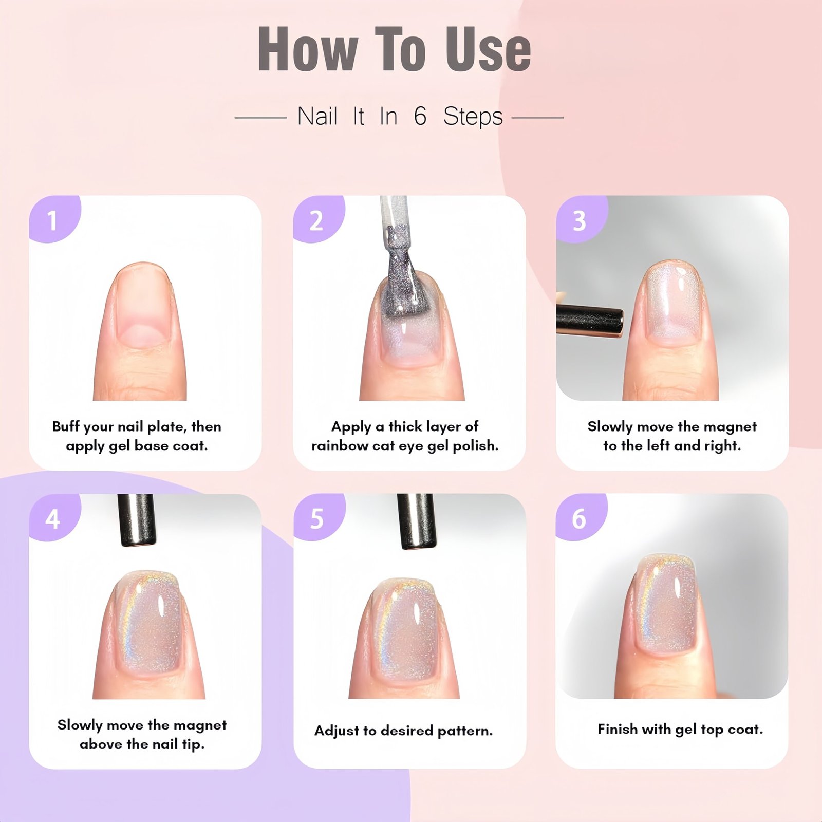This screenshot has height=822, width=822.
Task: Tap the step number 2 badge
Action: click(316, 219)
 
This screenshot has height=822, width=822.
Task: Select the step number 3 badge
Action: click(581, 219)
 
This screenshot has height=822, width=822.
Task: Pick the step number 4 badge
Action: click(53, 518)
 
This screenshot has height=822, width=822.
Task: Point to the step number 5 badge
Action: click(317, 518)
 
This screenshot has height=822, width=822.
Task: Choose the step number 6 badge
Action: click(580, 518)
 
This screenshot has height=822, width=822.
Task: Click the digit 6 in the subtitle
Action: click(420, 116)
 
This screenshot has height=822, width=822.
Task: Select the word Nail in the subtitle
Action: click(317, 116)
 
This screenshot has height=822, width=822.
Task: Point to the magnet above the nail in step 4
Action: click(136, 520)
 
